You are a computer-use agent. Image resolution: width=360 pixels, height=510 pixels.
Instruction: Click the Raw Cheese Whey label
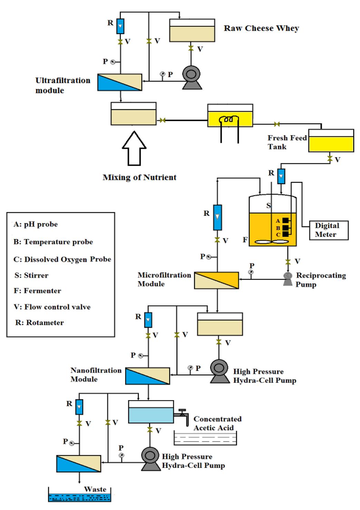coord(261,28)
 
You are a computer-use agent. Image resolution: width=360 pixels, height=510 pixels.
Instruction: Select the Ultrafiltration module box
coord(120,82)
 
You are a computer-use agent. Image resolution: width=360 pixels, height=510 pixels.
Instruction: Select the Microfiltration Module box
coord(217,280)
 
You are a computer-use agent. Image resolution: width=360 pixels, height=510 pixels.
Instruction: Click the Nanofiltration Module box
coord(147,376)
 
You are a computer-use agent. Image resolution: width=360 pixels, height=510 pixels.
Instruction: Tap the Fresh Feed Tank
coord(331,141)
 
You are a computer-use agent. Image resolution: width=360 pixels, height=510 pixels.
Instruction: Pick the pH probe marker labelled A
coord(285,221)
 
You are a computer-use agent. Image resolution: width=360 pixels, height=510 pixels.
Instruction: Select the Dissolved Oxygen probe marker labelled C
coord(285,234)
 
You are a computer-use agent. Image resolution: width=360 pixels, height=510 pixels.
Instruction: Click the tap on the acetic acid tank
coord(182,414)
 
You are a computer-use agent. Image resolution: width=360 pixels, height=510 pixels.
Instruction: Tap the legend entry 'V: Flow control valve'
coord(52,307)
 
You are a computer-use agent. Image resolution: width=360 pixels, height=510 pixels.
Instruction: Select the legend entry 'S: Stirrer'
coord(31,275)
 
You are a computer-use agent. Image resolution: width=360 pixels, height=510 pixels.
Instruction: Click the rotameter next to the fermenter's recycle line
coord(217,217)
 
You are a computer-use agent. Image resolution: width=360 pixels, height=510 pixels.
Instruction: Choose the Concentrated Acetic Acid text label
coord(217,423)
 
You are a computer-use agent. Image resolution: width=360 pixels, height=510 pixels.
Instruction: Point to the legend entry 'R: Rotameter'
coord(40,323)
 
